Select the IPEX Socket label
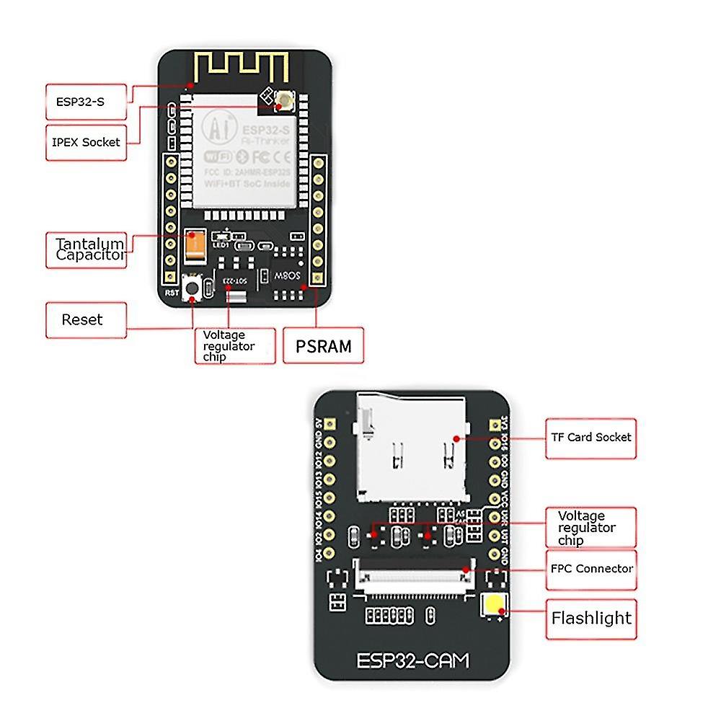point(86,142)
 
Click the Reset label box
point(86,319)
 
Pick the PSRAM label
point(324,346)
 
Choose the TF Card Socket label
point(590,438)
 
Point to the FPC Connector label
point(591,569)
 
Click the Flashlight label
point(590,618)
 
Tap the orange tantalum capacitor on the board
point(195,246)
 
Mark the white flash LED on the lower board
point(494,607)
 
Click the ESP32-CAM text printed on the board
point(412,659)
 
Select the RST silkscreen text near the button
point(172,293)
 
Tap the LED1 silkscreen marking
point(219,244)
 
